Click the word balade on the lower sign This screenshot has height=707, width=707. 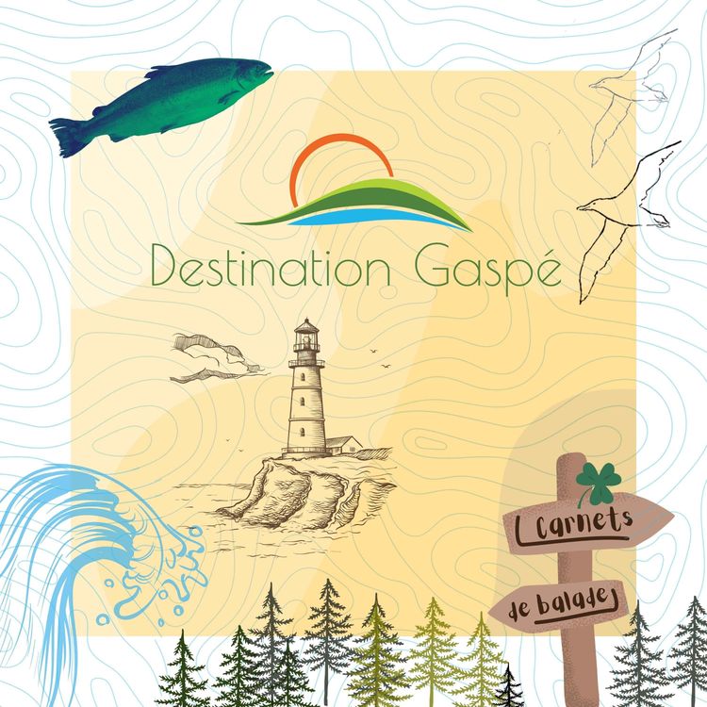[581, 600]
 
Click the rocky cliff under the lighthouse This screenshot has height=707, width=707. [302, 485]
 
